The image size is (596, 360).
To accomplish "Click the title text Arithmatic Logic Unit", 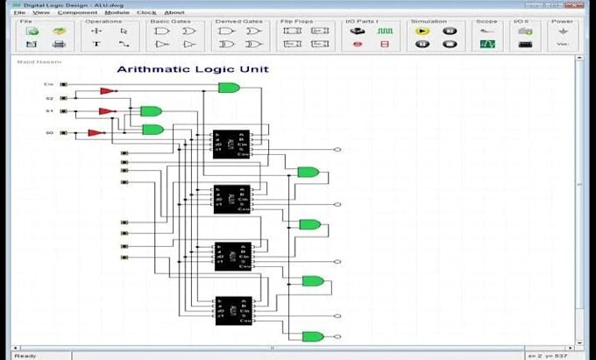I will tap(193, 69).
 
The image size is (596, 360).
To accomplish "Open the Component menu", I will tap(77, 12).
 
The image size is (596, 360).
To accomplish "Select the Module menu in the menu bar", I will tap(117, 12).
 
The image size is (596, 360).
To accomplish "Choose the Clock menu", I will tap(147, 12).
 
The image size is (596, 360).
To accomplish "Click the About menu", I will tap(174, 12).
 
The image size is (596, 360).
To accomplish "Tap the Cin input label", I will tap(49, 85).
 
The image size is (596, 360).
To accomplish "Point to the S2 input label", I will tap(49, 98).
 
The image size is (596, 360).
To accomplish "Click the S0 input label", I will tap(49, 133).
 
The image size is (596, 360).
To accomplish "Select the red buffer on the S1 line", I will tap(107, 111).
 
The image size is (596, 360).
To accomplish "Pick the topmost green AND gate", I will tap(229, 88).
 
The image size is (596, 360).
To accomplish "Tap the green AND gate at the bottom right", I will tap(312, 336).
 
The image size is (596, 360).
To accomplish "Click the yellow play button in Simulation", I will tap(422, 31).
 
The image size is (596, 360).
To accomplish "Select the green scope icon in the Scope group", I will tap(487, 44).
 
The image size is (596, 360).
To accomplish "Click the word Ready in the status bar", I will tap(25, 355).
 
